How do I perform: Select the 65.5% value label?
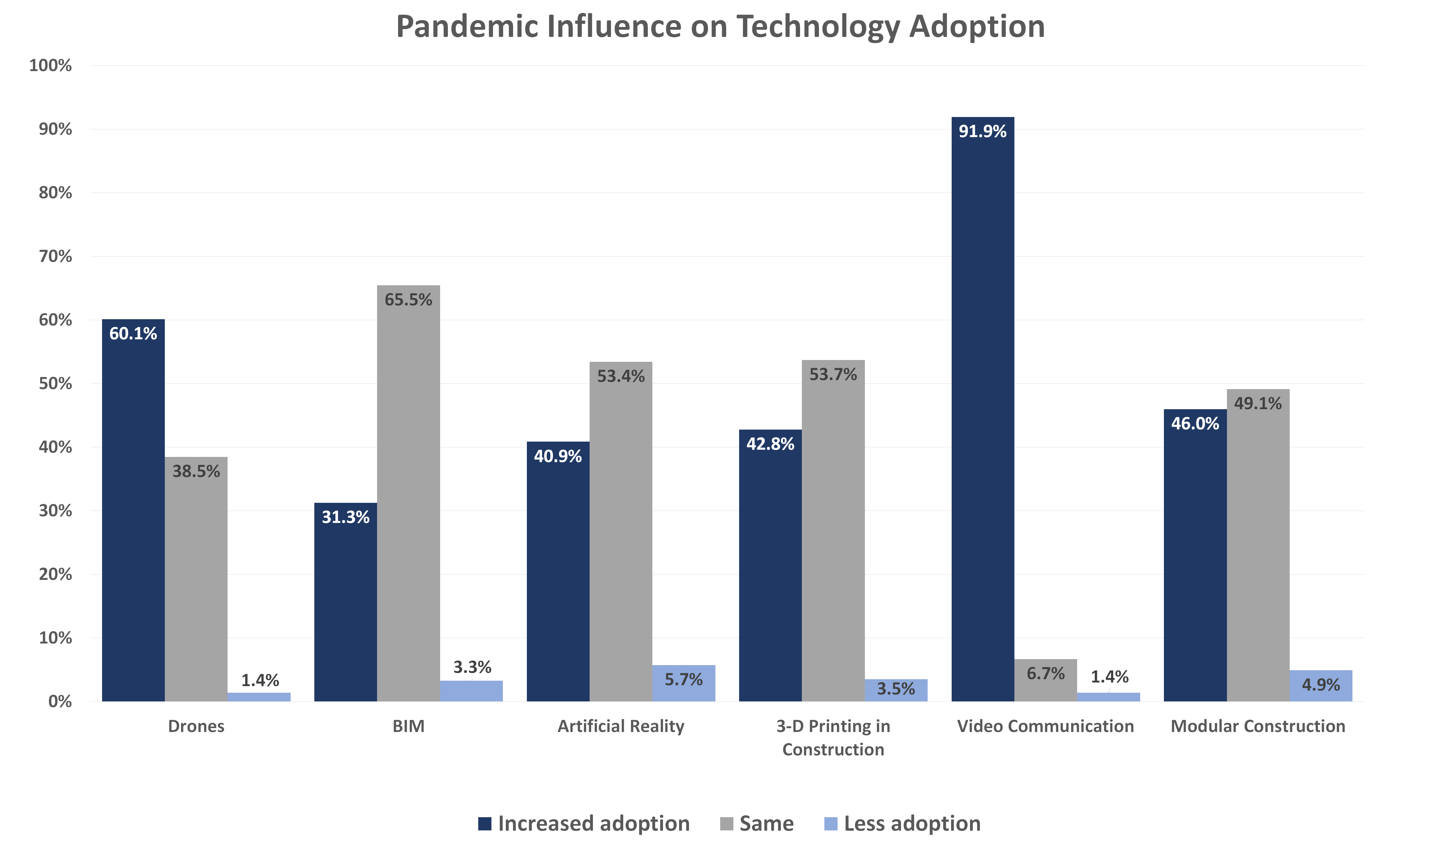click(x=408, y=300)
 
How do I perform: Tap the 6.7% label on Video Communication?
click(x=1046, y=673)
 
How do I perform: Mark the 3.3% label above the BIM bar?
click(x=472, y=667)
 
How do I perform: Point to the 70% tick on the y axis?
click(x=55, y=256)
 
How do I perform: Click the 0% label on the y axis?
click(x=60, y=702)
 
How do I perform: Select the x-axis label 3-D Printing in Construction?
click(x=833, y=738)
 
